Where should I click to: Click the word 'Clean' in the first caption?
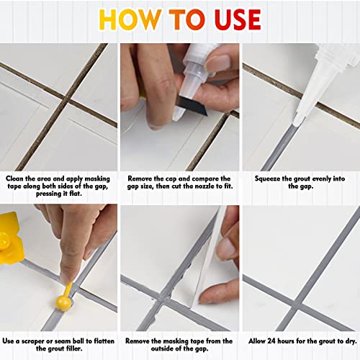coord(18,177)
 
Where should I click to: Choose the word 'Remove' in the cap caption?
coord(143,177)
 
